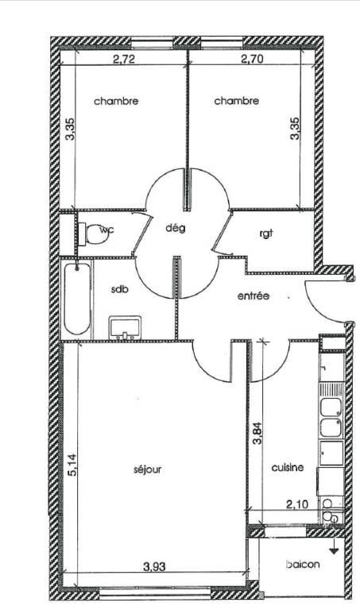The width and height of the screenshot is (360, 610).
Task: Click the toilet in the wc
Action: (93, 234)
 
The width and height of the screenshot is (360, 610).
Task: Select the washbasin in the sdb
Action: (125, 327)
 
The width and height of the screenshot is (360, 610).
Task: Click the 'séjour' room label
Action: (147, 469)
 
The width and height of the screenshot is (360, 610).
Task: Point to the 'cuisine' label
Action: (287, 467)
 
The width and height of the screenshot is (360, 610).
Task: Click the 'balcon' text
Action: (303, 564)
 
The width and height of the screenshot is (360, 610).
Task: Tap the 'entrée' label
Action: (254, 295)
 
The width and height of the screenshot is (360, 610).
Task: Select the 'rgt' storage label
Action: (265, 234)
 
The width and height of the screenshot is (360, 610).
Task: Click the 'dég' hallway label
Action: (175, 228)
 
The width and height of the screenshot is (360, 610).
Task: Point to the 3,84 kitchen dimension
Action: (257, 434)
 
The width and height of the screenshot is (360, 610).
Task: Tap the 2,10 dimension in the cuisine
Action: (297, 504)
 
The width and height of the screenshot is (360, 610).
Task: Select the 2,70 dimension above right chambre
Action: (252, 59)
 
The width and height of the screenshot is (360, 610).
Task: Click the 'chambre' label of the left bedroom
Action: (116, 101)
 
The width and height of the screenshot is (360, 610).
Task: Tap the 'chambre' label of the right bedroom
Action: (236, 101)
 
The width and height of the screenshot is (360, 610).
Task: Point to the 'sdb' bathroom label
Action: (118, 289)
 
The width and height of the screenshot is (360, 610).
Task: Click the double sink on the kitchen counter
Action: (331, 417)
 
